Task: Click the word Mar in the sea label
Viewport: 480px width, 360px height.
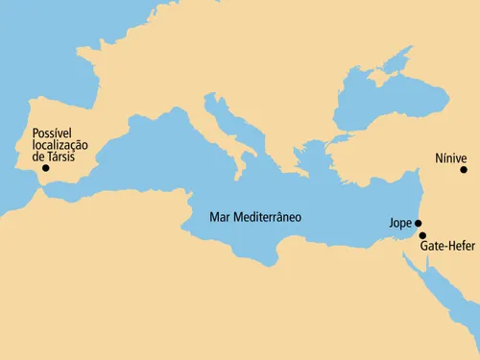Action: coord(220,217)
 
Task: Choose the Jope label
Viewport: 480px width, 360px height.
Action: coord(399,223)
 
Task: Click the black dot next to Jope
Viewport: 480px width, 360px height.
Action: coord(418,223)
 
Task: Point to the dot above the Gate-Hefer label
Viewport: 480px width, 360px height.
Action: coord(422,235)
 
